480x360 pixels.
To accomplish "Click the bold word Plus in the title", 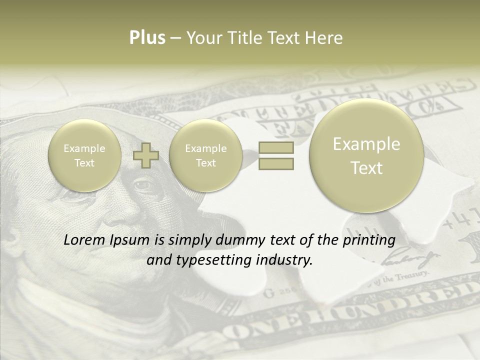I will pyautogui.click(x=147, y=38).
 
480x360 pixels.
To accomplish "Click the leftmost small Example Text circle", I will pyautogui.click(x=84, y=155).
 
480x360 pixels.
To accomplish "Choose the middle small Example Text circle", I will pyautogui.click(x=205, y=155).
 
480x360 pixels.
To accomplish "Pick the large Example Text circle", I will pyautogui.click(x=366, y=155).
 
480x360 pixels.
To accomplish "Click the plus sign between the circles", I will pyautogui.click(x=146, y=155).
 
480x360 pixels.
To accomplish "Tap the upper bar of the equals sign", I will pyautogui.click(x=276, y=147).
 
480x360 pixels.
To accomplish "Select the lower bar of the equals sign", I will pyautogui.click(x=276, y=163).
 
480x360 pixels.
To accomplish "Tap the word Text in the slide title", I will pyautogui.click(x=284, y=38).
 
